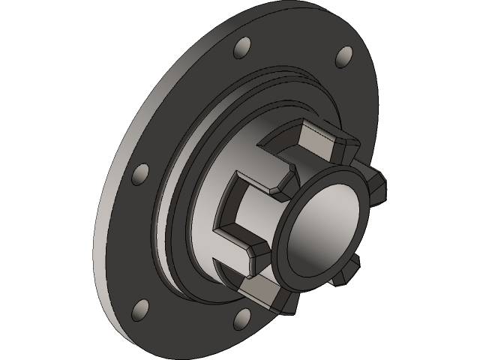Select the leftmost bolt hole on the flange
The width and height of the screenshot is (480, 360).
(139, 175)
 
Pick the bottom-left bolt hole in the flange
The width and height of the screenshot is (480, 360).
(139, 307)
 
